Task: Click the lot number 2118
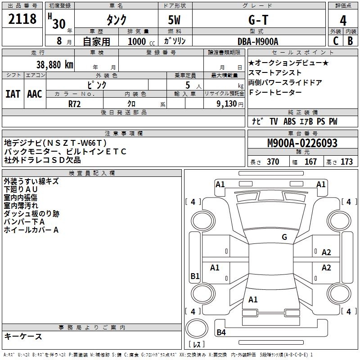[x=22, y=19]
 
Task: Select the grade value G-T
[x=259, y=20]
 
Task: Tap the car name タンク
[x=117, y=20]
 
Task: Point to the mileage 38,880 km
[x=54, y=64]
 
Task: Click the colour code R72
[x=75, y=103]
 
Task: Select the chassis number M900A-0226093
[x=302, y=143]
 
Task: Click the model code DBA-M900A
[x=258, y=41]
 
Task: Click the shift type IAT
[x=13, y=94]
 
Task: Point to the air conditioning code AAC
[x=35, y=94]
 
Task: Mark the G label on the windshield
[x=284, y=237]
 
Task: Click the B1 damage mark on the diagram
[x=195, y=276]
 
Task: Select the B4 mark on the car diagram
[x=221, y=333]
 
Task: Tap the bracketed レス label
[x=196, y=345]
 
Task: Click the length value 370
[x=273, y=162]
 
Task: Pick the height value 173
[x=346, y=162]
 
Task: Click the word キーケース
[x=23, y=337]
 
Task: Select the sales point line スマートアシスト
[x=275, y=73]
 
